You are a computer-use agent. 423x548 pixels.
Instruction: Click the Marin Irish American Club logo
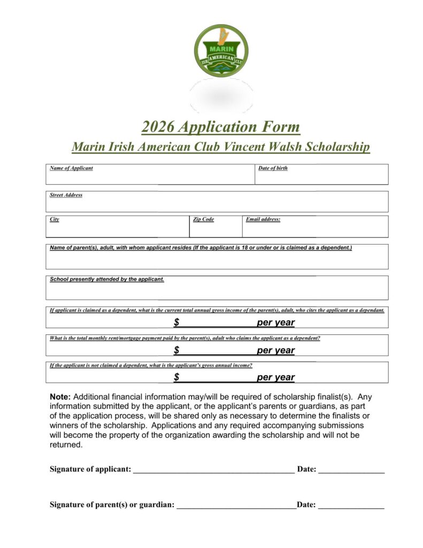pyautogui.click(x=221, y=50)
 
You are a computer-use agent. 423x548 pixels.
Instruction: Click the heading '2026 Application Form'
pyautogui.click(x=221, y=127)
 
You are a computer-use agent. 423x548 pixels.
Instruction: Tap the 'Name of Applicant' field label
pyautogui.click(x=71, y=168)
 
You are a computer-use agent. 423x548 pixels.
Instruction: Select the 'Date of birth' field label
pyautogui.click(x=273, y=168)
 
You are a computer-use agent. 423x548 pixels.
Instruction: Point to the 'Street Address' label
pyautogui.click(x=66, y=195)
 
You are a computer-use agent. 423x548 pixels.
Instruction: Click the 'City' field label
pyautogui.click(x=55, y=219)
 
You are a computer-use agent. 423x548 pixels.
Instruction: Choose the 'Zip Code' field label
pyautogui.click(x=203, y=219)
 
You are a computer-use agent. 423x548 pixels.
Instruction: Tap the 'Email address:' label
pyautogui.click(x=263, y=219)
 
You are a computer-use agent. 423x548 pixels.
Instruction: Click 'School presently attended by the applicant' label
pyautogui.click(x=107, y=279)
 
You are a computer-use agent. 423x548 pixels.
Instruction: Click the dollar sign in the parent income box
pyautogui.click(x=176, y=323)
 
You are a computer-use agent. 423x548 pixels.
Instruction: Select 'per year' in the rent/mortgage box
pyautogui.click(x=275, y=351)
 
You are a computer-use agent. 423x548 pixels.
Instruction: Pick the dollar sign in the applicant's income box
pyautogui.click(x=176, y=377)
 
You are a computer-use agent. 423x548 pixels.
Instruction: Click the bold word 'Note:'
pyautogui.click(x=60, y=397)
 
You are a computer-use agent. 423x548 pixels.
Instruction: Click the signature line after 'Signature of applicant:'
pyautogui.click(x=213, y=471)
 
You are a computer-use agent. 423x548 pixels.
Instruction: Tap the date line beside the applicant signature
pyautogui.click(x=351, y=471)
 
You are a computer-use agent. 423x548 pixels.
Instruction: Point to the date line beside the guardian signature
pyautogui.click(x=351, y=506)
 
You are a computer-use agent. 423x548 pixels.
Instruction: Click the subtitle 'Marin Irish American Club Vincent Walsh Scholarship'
pyautogui.click(x=221, y=147)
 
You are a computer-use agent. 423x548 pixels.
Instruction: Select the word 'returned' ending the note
pyautogui.click(x=65, y=445)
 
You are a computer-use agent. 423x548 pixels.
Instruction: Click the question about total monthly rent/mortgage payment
pyautogui.click(x=185, y=338)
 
